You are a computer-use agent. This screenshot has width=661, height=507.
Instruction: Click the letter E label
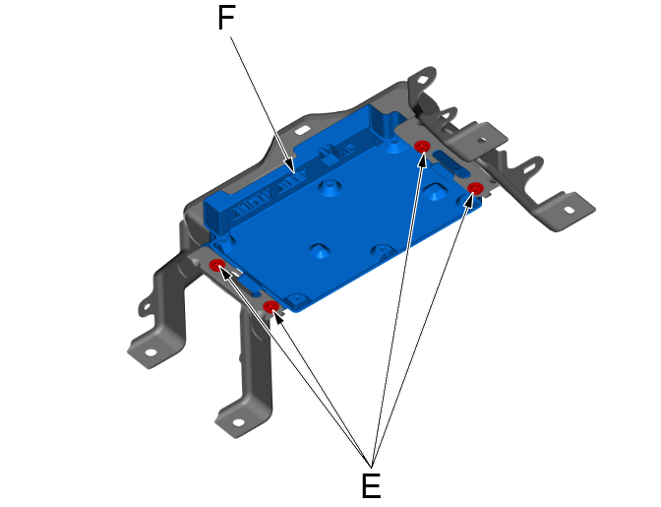[x=371, y=484]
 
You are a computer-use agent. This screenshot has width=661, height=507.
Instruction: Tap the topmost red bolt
[x=422, y=147]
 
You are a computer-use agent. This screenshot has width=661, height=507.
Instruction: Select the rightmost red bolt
[x=475, y=188]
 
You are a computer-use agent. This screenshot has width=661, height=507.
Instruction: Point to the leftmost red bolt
[x=216, y=265]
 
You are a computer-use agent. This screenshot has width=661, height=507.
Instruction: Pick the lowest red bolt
[x=270, y=308]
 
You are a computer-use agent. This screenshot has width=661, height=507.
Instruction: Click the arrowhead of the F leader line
[x=291, y=166]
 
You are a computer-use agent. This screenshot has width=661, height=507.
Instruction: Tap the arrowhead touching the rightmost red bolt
[x=472, y=200]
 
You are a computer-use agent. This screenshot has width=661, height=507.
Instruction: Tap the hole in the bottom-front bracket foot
[x=236, y=424]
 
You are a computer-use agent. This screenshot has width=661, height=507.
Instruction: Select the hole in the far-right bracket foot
[x=569, y=209]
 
